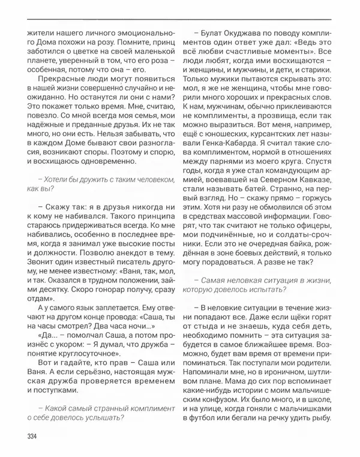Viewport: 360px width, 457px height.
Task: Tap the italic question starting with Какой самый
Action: pyautogui.click(x=93, y=413)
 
